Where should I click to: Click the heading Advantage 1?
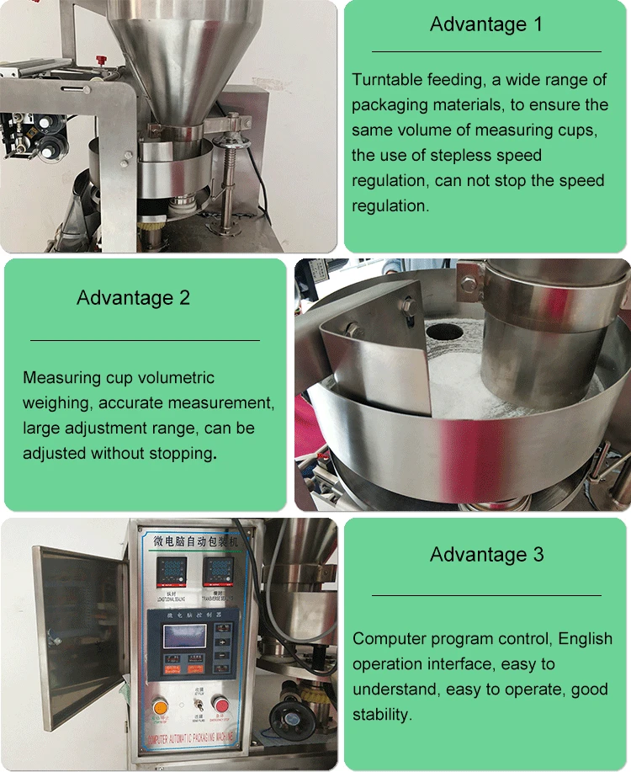click(486, 24)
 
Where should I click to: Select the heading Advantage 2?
click(133, 297)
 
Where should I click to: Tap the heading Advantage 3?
click(486, 554)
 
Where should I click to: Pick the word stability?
click(382, 715)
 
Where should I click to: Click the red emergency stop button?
click(220, 704)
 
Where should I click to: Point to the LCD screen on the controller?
click(184, 636)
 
